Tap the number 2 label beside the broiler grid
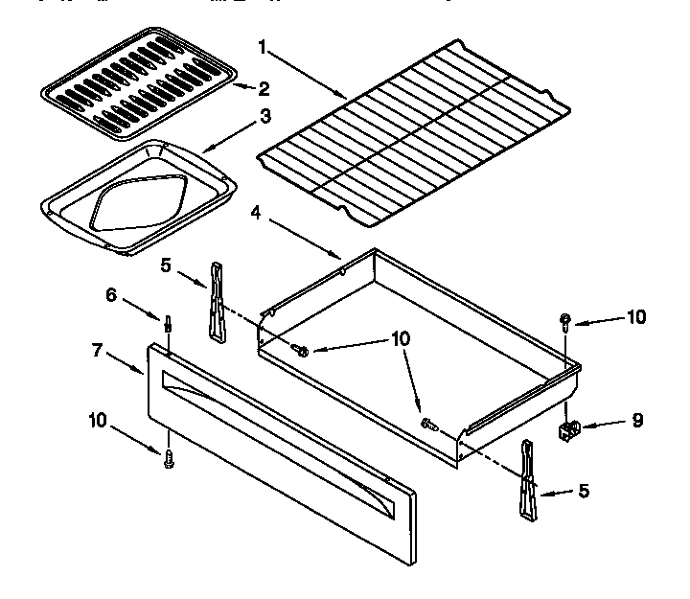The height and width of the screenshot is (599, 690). coord(264,89)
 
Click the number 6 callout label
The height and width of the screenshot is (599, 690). coord(112,295)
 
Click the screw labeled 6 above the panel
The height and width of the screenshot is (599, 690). coord(169,324)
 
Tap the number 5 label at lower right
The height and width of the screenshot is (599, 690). coord(584,492)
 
